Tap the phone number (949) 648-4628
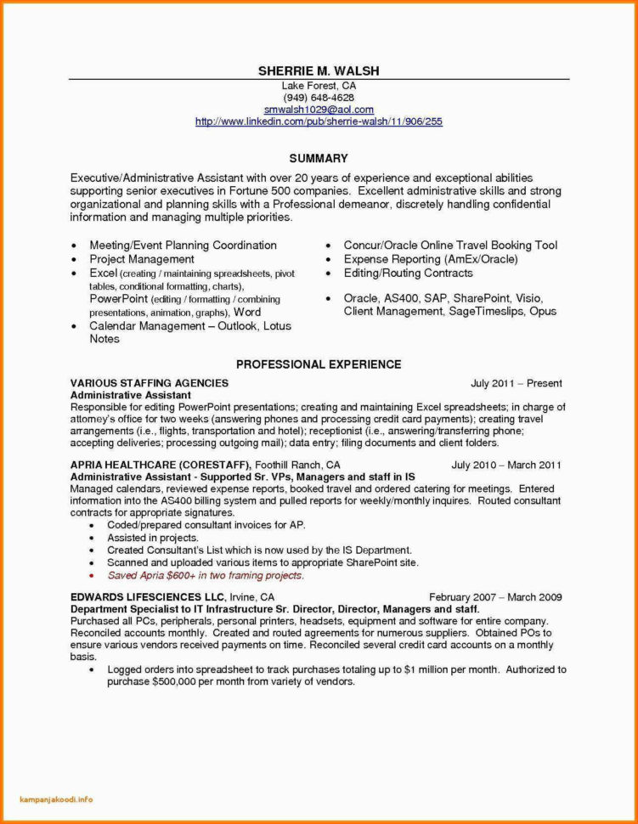click(x=319, y=98)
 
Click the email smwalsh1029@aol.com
click(x=319, y=110)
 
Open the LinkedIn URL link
click(x=319, y=121)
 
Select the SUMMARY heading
click(x=319, y=158)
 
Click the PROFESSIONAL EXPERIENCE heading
click(x=319, y=364)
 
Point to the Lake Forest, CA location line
click(x=319, y=86)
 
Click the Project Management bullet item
click(x=142, y=259)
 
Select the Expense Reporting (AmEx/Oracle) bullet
click(x=431, y=259)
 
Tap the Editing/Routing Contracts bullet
click(x=409, y=273)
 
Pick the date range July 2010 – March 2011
click(x=506, y=466)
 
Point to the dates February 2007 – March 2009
click(x=495, y=597)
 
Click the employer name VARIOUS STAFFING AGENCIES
click(x=149, y=384)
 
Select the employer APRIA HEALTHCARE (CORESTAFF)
click(x=160, y=466)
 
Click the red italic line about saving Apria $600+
click(x=205, y=575)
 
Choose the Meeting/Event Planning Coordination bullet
click(x=183, y=246)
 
